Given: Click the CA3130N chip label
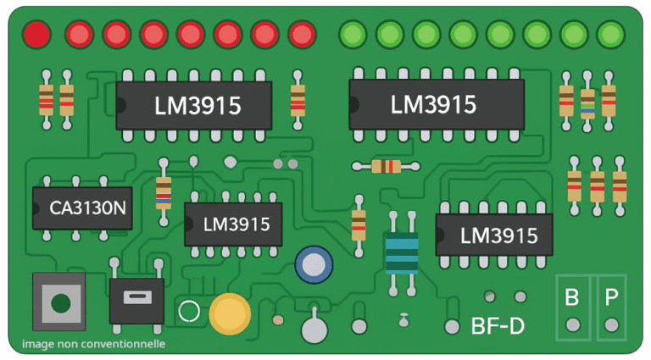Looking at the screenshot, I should pos(82,208).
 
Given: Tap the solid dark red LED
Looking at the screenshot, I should pos(36,35).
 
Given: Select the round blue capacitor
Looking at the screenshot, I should pos(314,265).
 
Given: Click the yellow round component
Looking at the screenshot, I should pos(230,314).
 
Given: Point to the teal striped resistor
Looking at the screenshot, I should pos(402,252).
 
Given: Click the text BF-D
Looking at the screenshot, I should pos(498,325).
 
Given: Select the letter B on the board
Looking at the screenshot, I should pos(572,297).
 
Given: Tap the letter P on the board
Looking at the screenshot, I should pos(611,297).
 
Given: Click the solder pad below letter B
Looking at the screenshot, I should pos(573,324).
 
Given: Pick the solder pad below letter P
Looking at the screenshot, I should pos(611,324).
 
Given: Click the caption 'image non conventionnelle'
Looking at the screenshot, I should pos(93,344).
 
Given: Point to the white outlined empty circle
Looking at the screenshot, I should pos(189,312).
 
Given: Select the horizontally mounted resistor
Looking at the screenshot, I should pos(387,166).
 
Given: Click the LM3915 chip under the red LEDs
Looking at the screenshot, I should pos(194,106).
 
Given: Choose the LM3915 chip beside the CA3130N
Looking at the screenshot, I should pos(233,224).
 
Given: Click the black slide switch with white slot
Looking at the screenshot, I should pos(136,298).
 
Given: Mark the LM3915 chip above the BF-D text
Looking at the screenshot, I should pos(494,235).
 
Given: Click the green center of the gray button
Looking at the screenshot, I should pos(59,302).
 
